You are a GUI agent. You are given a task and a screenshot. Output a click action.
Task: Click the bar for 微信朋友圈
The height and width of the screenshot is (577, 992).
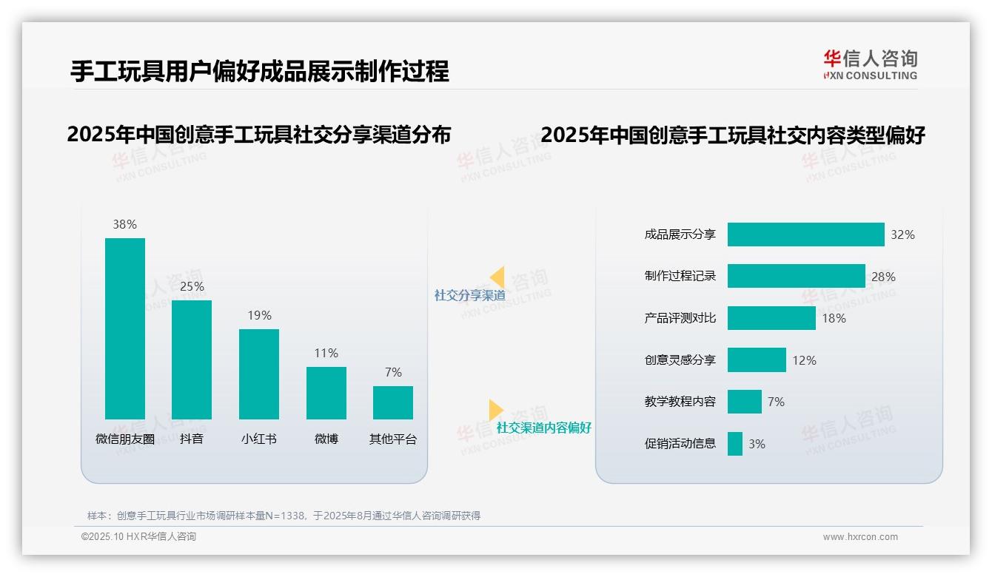point(125,328)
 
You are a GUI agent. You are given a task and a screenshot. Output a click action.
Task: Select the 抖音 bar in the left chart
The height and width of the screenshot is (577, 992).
point(192,360)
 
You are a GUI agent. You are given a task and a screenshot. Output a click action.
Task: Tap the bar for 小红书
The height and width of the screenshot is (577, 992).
point(259,374)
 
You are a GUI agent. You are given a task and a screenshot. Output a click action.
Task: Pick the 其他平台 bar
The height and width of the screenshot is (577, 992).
point(393,402)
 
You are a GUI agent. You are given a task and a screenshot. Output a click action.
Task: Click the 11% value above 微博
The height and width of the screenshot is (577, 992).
point(326,354)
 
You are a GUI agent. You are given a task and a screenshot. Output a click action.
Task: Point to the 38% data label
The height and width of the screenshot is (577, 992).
point(125,225)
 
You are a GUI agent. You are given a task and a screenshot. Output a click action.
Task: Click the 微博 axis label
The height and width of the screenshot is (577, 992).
point(326,439)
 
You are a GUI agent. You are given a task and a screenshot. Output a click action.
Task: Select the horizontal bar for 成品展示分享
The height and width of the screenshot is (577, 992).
point(805,234)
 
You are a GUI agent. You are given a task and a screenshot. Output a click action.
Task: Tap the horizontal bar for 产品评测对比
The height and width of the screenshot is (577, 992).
point(771,318)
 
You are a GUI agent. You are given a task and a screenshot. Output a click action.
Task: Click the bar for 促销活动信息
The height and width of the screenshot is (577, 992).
point(735,444)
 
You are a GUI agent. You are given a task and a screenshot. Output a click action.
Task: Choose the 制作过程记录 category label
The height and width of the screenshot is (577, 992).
point(680,276)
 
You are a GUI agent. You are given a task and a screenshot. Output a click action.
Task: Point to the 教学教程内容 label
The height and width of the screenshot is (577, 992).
point(680,402)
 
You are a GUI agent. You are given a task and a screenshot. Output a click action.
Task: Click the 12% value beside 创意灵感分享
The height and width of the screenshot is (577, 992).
point(804,360)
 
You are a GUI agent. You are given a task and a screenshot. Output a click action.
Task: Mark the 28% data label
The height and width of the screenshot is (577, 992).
point(883,277)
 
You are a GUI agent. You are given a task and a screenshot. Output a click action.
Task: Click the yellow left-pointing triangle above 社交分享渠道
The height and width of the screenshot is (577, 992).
point(497,277)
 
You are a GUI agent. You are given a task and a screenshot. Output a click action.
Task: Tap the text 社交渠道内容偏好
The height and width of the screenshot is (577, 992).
point(544,428)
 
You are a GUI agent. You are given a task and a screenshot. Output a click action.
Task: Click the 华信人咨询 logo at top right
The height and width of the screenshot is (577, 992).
point(871,64)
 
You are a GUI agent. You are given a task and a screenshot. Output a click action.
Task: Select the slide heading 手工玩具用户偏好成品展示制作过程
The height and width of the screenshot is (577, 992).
point(259,72)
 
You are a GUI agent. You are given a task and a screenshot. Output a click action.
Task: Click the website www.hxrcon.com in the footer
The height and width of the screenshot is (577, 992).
point(860,537)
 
